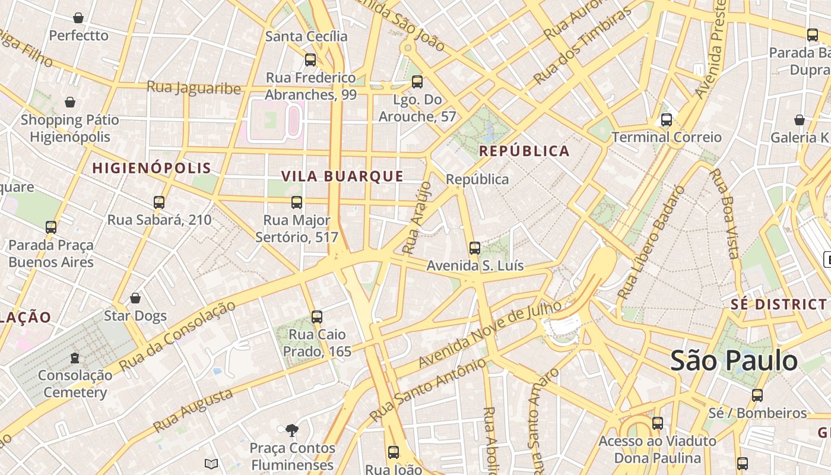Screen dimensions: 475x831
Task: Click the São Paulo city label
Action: click(734, 361)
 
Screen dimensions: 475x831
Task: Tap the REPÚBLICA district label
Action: click(524, 151)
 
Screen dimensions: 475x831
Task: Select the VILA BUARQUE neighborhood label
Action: click(342, 176)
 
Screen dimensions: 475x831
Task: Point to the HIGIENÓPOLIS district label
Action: click(152, 168)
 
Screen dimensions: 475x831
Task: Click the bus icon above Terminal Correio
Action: click(667, 120)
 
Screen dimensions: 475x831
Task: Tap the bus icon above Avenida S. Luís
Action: click(475, 248)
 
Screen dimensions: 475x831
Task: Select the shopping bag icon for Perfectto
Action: click(78, 18)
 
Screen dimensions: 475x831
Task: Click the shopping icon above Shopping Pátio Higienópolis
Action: click(70, 102)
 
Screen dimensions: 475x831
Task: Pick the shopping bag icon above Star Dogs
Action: click(135, 298)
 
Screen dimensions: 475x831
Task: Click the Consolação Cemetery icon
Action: click(75, 358)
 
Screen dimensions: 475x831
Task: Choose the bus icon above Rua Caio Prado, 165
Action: click(317, 317)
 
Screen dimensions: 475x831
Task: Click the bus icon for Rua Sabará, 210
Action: click(159, 202)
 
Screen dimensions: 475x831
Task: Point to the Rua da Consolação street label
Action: click(177, 337)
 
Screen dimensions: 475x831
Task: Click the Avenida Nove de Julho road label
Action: click(490, 334)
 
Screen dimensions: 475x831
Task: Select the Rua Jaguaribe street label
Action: click(194, 88)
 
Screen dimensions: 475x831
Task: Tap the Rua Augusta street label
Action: click(193, 410)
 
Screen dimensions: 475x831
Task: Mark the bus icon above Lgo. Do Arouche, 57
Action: click(417, 82)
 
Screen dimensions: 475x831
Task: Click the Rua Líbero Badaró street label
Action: click(651, 243)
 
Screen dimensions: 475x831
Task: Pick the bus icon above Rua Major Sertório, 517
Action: click(297, 202)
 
